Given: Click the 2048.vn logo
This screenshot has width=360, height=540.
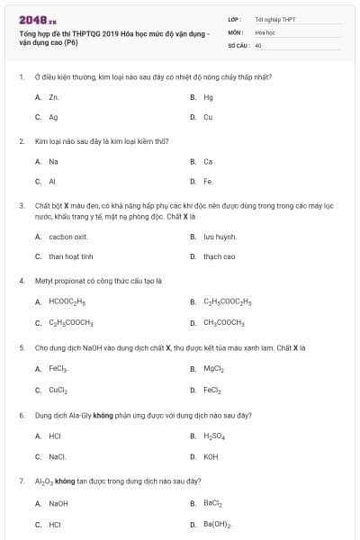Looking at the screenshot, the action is (x=32, y=19).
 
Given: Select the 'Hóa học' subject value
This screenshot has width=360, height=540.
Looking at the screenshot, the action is (x=265, y=31).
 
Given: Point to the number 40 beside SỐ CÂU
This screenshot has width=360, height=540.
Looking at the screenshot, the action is (x=258, y=44).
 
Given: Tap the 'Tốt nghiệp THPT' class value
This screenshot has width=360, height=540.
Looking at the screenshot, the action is (x=274, y=18).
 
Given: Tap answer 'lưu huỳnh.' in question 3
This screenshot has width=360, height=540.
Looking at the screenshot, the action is (x=220, y=237).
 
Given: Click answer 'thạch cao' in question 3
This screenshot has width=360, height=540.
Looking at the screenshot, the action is (x=219, y=256).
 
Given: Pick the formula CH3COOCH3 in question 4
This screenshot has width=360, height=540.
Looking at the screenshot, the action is (x=224, y=322).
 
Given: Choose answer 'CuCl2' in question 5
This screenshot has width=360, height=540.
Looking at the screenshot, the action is (x=58, y=390).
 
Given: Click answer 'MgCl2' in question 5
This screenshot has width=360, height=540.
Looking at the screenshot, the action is (x=213, y=369).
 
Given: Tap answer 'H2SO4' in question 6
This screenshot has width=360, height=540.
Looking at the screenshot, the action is (x=214, y=436).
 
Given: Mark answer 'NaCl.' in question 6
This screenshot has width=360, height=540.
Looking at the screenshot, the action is (x=58, y=456).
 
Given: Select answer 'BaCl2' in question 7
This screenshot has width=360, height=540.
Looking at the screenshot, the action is (x=212, y=504).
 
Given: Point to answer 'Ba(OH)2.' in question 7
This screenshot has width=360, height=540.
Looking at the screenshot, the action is (x=218, y=524).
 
